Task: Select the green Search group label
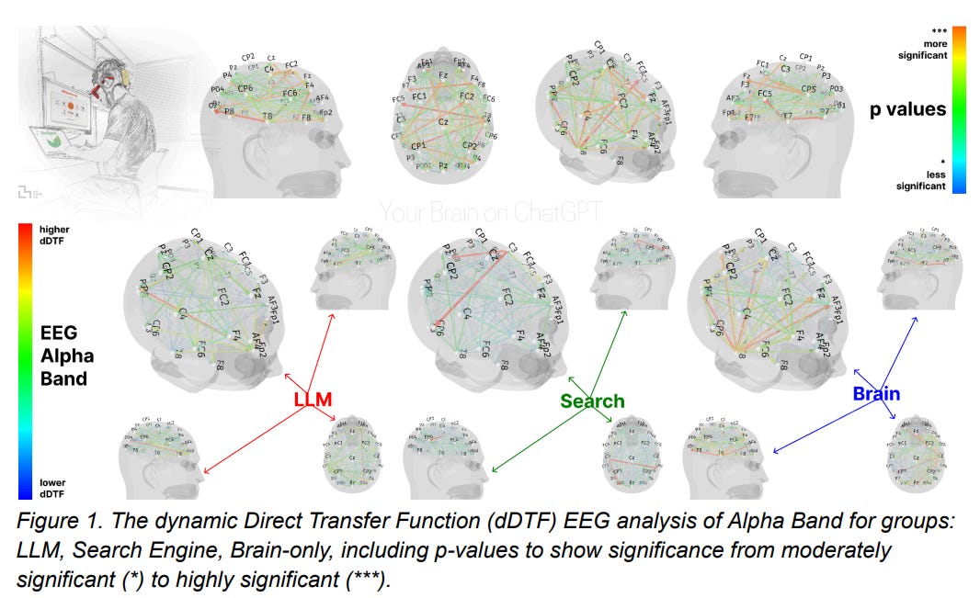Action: (x=592, y=401)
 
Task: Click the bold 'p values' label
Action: (x=908, y=110)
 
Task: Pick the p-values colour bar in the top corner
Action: (x=958, y=109)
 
